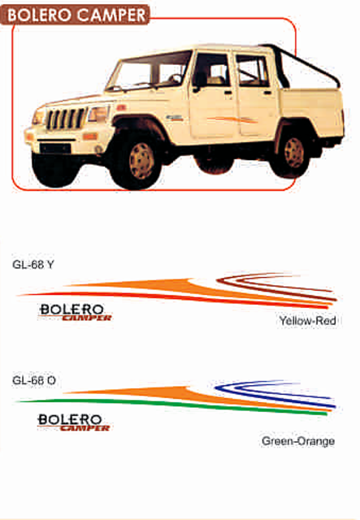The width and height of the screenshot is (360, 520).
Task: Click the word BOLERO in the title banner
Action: (x=40, y=15)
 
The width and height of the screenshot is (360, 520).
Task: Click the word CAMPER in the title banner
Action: (x=111, y=15)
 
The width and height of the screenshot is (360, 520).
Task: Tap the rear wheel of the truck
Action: (x=292, y=153)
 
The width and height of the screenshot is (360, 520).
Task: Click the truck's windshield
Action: (x=150, y=71)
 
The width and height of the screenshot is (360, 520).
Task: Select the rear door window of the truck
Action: (x=252, y=71)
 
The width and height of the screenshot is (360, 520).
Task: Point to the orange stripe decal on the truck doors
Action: (x=232, y=119)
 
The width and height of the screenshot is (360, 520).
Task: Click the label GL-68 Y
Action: (x=33, y=265)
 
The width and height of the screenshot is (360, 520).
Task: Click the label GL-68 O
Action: (x=34, y=380)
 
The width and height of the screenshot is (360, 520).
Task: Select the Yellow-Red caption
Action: (x=307, y=321)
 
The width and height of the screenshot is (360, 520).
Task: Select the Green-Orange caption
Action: (x=298, y=441)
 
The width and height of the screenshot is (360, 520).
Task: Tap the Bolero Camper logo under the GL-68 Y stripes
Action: (x=75, y=312)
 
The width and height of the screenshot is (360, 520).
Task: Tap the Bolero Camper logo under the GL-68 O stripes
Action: (x=73, y=422)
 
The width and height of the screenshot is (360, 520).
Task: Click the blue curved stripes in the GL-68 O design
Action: (x=275, y=393)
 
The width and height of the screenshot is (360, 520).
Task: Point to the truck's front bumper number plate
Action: (x=56, y=148)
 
